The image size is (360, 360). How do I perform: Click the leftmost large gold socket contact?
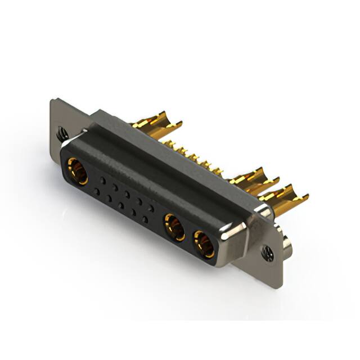pyautogui.click(x=77, y=170)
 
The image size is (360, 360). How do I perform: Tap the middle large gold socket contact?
pyautogui.click(x=173, y=228)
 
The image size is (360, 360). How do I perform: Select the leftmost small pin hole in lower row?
pyautogui.click(x=97, y=192)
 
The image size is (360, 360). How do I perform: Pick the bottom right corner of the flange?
pyautogui.click(x=278, y=281)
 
